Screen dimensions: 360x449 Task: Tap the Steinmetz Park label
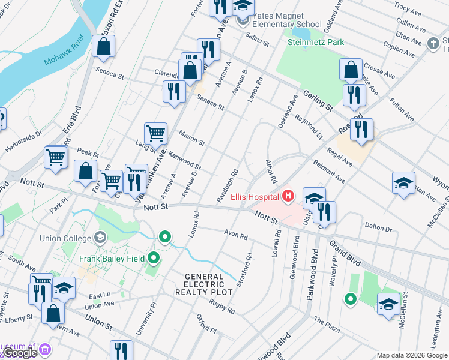click(315, 42)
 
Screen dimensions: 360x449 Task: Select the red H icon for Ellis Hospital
click(289, 196)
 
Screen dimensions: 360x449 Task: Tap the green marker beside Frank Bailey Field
click(154, 259)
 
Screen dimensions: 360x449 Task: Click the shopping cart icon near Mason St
click(155, 132)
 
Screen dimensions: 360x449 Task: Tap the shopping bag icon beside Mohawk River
click(104, 46)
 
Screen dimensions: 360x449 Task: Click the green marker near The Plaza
click(350, 298)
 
